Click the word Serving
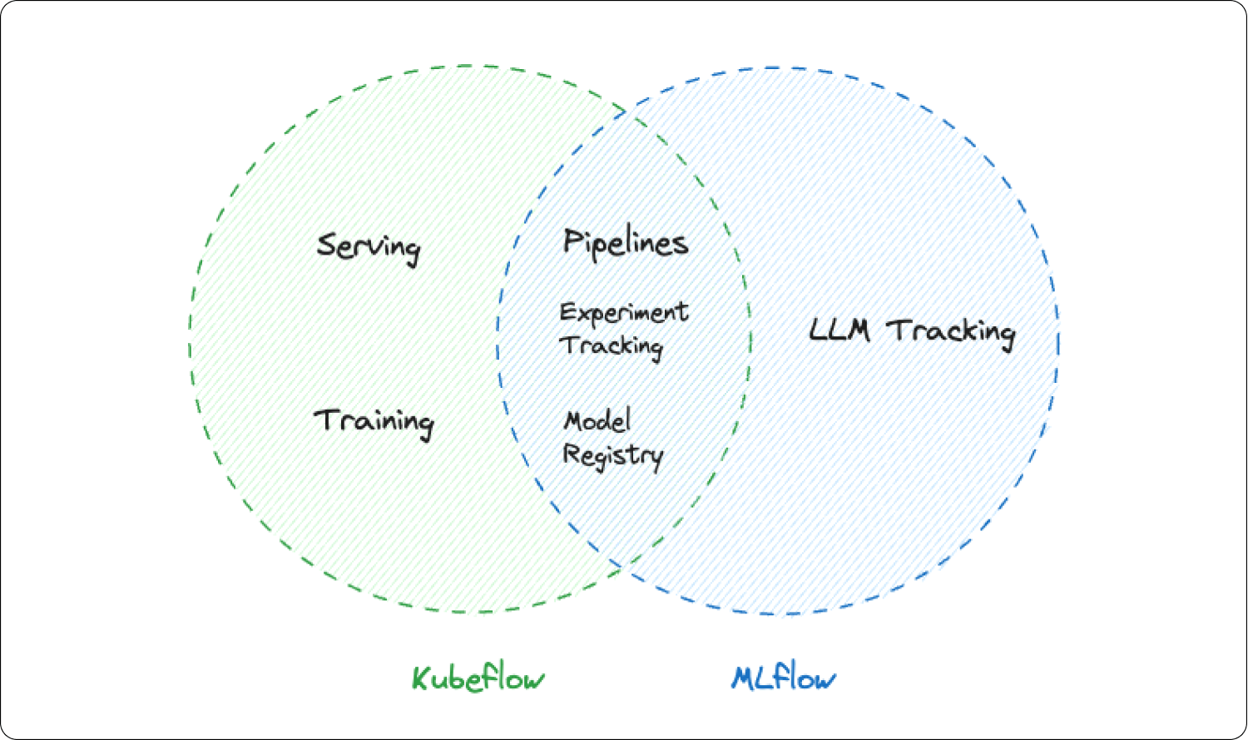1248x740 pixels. (369, 247)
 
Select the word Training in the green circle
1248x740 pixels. (374, 421)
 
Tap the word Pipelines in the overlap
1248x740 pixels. (626, 243)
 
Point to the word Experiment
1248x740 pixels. (624, 313)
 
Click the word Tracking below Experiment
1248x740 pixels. (612, 345)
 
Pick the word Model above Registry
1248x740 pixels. (597, 420)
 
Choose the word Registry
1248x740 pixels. (613, 455)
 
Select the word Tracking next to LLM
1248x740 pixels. (951, 332)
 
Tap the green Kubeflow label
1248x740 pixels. (478, 678)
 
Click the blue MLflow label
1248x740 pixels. (784, 678)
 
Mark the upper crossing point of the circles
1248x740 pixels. (626, 111)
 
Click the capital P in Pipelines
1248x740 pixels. (573, 241)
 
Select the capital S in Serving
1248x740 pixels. (327, 246)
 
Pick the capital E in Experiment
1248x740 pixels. (568, 312)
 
